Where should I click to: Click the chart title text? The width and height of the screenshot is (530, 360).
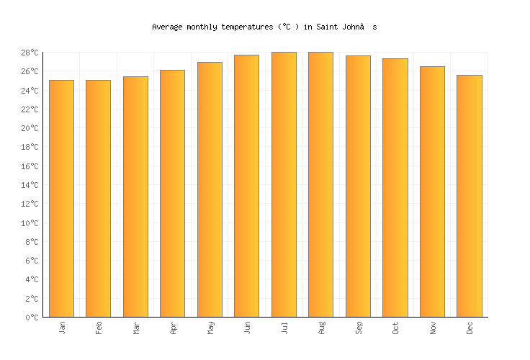(264, 27)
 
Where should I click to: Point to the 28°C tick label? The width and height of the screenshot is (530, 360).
(30, 53)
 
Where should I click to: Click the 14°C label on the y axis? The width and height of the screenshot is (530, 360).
(30, 185)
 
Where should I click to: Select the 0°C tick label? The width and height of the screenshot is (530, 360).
(32, 318)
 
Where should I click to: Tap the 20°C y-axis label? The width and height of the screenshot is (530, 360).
(30, 128)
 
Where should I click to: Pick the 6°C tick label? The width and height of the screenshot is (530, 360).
(32, 261)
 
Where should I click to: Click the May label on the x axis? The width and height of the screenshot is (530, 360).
(210, 328)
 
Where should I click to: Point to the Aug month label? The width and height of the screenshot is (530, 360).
(321, 328)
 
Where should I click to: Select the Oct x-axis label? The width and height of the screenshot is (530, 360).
(395, 328)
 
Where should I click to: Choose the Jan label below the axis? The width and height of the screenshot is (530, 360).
(62, 328)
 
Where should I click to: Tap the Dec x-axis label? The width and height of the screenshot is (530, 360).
(470, 328)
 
